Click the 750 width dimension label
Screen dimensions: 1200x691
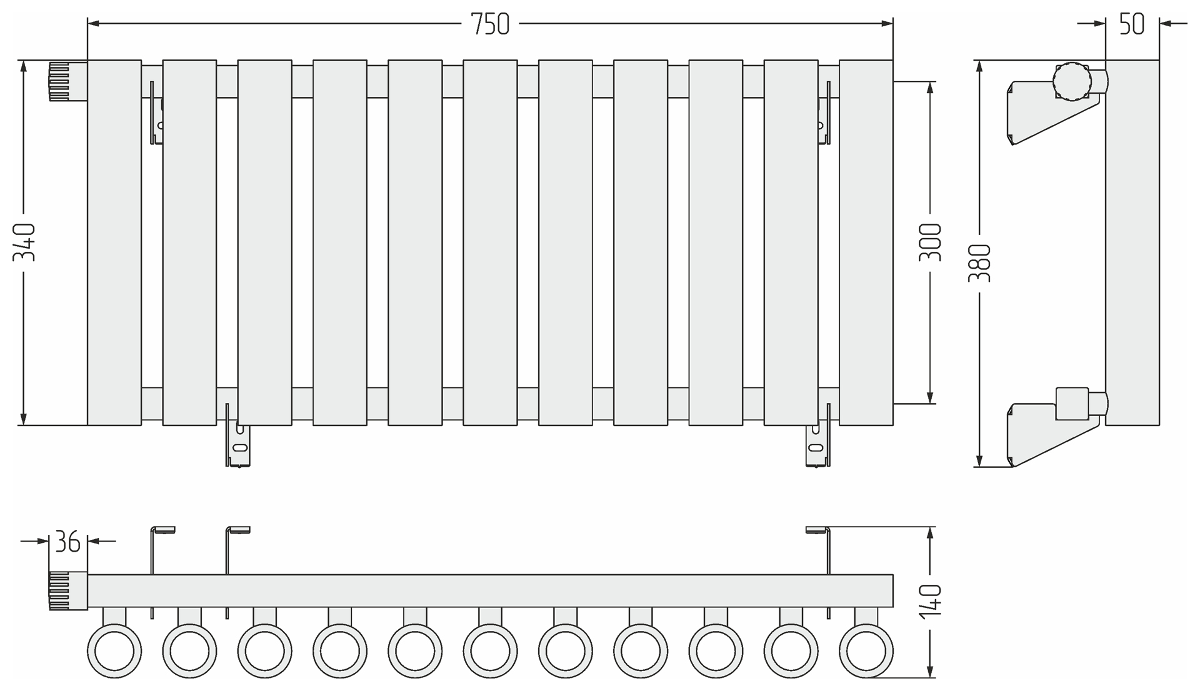tap(490, 24)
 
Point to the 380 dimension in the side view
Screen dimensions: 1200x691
tap(979, 262)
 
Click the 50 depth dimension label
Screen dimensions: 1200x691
tap(1132, 24)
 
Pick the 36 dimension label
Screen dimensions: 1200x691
tap(67, 542)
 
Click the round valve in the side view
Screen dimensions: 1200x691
tap(1072, 81)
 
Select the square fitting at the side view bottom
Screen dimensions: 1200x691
tap(1072, 404)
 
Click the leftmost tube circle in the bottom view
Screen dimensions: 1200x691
tap(114, 651)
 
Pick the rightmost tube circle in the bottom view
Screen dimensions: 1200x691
tap(866, 651)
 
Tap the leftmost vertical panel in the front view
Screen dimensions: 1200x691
tap(114, 242)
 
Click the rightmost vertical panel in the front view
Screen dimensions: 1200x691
tap(866, 242)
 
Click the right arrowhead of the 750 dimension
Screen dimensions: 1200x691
tap(887, 24)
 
